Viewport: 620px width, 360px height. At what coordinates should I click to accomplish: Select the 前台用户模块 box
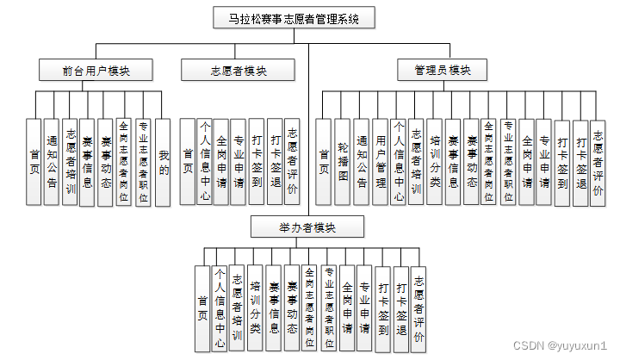click(x=95, y=70)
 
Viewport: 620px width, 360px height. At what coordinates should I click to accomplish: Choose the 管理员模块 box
click(x=438, y=70)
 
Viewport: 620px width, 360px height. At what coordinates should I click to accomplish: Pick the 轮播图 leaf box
click(x=342, y=161)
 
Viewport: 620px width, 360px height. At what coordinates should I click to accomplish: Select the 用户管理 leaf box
click(x=380, y=161)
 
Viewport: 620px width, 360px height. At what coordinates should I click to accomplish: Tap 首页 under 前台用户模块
click(x=34, y=161)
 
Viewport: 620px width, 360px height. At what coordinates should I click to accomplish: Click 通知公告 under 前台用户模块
click(x=53, y=161)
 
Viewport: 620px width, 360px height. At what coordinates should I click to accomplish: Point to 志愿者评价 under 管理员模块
click(x=597, y=161)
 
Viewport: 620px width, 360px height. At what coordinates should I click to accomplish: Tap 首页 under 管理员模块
click(x=324, y=161)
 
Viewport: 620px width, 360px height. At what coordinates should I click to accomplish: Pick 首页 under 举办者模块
click(x=202, y=308)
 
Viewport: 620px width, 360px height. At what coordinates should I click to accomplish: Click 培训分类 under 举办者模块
click(x=256, y=308)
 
